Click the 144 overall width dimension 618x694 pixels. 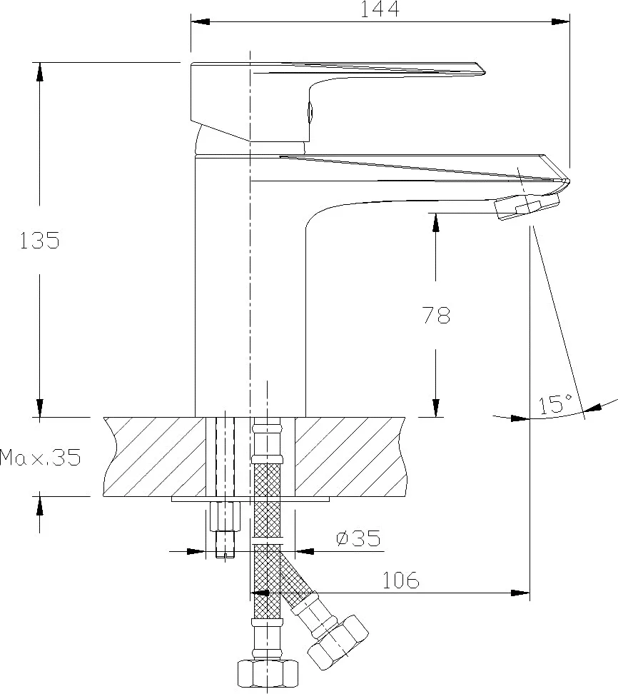tap(380, 9)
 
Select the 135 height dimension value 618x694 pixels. tap(39, 241)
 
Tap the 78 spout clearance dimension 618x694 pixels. tap(435, 315)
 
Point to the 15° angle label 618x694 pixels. tap(556, 404)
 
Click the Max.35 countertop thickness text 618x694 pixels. tap(40, 456)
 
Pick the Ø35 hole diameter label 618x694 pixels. tap(358, 538)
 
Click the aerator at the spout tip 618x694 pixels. tap(527, 206)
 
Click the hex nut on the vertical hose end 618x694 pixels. tap(266, 673)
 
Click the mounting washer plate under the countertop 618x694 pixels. tap(250, 499)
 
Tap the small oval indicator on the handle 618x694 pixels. tap(310, 112)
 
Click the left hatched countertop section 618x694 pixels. tap(153, 456)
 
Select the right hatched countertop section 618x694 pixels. tap(350, 456)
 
